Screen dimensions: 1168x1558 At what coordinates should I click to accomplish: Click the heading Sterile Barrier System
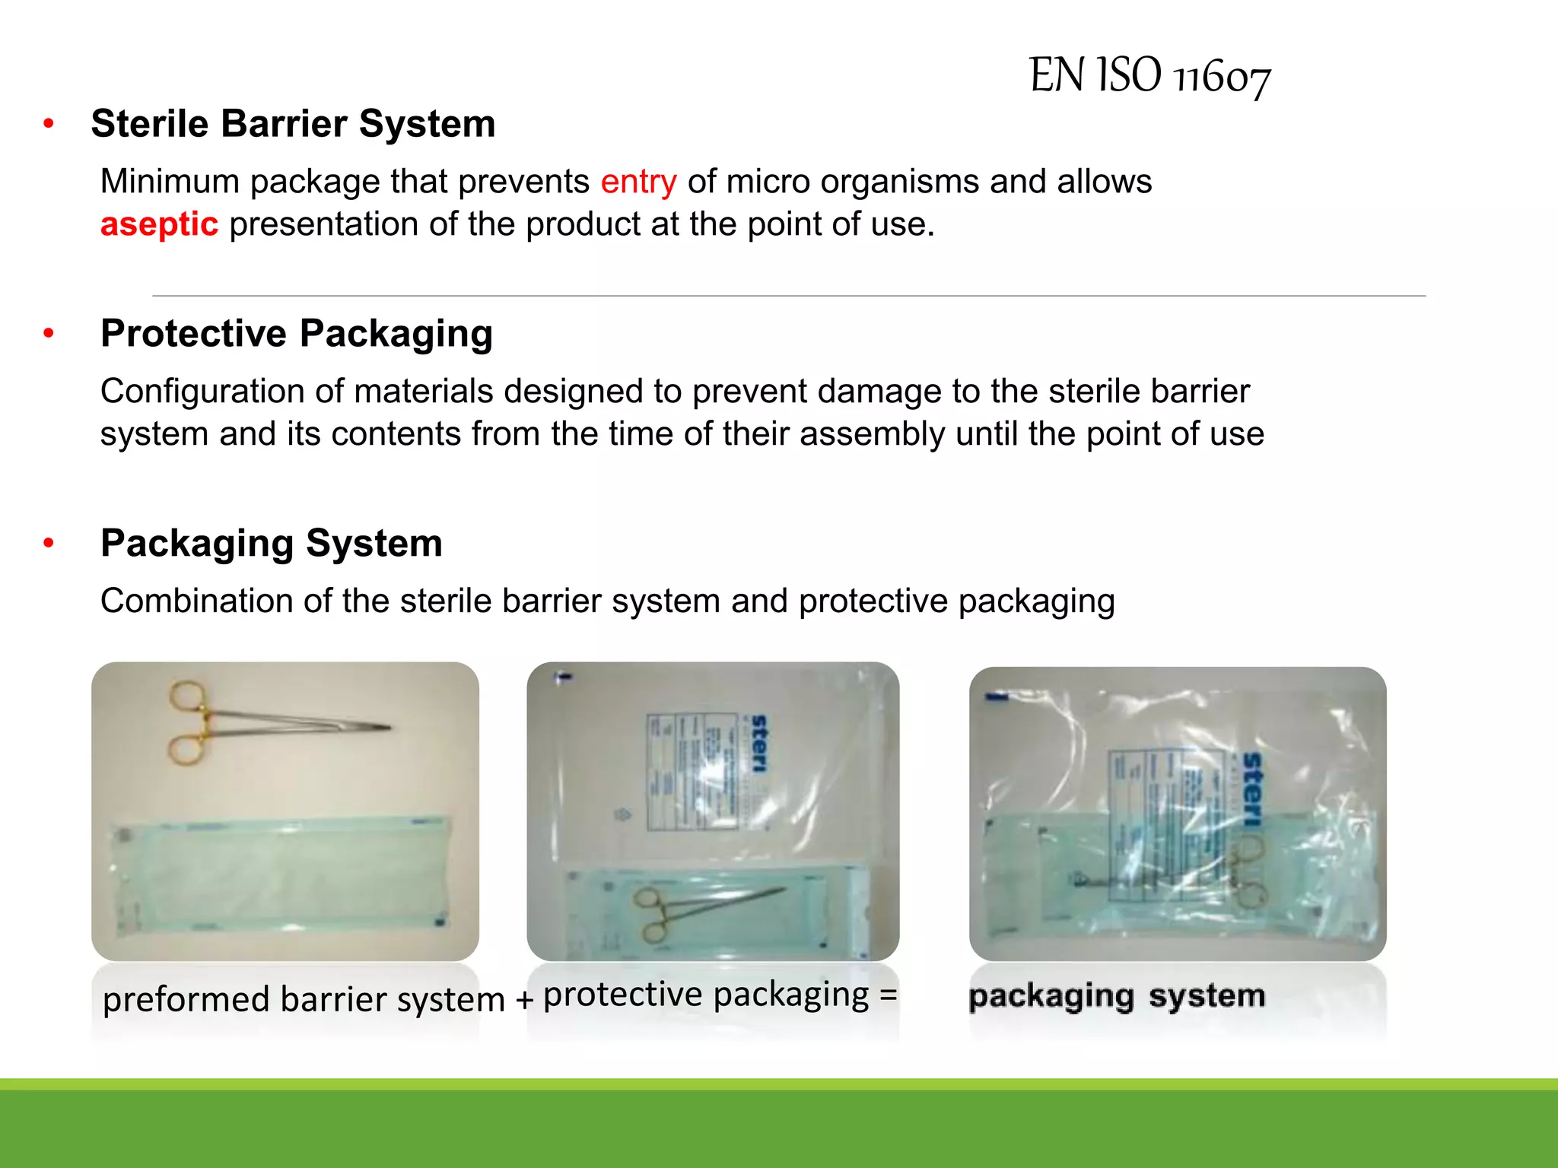pos(293,124)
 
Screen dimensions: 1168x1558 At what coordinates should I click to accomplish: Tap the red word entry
pos(638,182)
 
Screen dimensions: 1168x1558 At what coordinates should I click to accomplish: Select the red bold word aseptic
pos(159,224)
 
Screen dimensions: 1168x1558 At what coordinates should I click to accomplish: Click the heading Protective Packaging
pos(297,334)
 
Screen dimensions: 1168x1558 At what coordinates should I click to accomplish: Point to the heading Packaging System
pos(272,544)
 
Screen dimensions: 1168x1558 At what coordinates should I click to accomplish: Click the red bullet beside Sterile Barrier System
pos(49,123)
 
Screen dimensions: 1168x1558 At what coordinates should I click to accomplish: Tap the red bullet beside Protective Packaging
pos(49,333)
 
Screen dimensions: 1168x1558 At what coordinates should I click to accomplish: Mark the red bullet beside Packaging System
pos(49,543)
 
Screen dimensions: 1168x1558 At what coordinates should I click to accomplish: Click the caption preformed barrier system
pos(304,998)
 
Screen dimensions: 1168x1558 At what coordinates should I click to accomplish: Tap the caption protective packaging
pos(706,994)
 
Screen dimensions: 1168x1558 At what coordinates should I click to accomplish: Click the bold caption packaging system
pos(1117,995)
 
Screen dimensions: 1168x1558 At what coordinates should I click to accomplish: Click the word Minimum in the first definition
pos(170,182)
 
